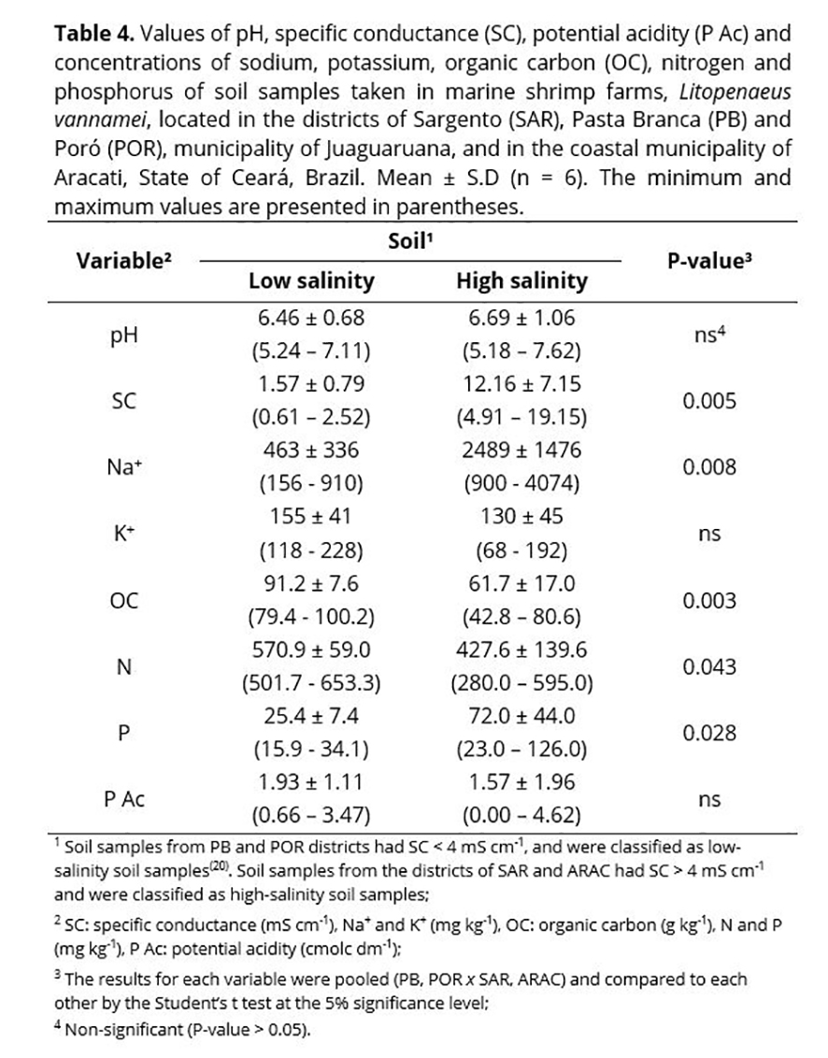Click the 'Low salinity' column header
310,280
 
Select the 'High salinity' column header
521,280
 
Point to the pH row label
123,336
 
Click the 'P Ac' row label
123,800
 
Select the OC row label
123,601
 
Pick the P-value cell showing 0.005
709,402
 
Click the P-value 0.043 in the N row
709,667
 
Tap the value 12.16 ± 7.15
521,385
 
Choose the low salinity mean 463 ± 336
310,451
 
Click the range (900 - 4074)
521,484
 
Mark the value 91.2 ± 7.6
310,584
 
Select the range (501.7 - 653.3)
310,683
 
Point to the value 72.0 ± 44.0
521,717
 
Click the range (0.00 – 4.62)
521,816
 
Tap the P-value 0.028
709,734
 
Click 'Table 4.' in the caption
92,36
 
